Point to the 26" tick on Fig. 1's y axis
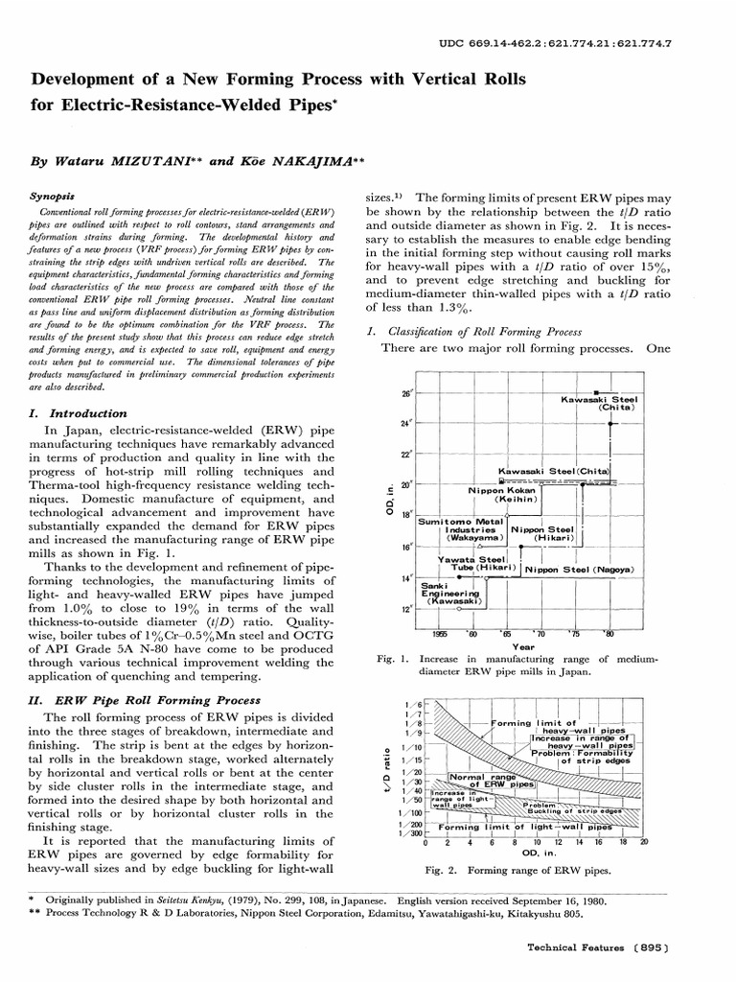[x=406, y=393]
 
